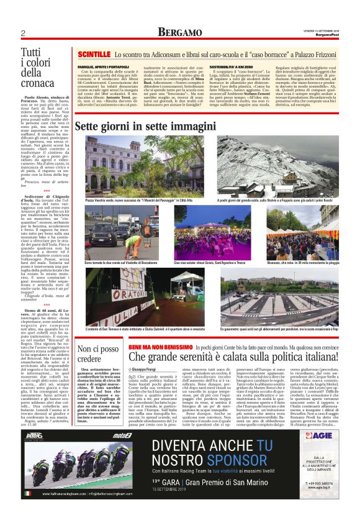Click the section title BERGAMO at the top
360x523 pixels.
tap(179, 32)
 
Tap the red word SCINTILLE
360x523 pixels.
tap(92, 56)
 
